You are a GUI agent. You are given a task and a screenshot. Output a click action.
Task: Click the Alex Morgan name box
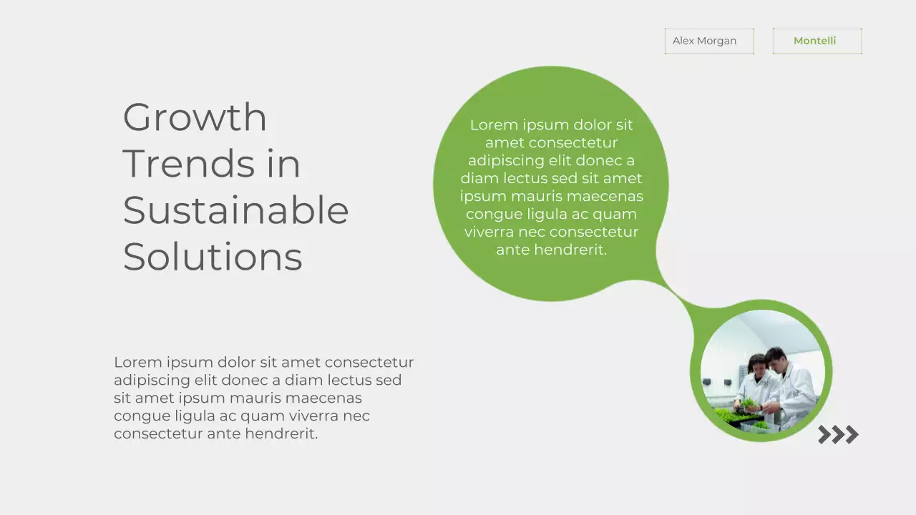[x=708, y=41]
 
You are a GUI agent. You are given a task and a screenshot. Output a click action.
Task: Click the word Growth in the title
[x=195, y=117]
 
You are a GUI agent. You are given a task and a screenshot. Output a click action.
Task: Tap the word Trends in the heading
[x=189, y=164]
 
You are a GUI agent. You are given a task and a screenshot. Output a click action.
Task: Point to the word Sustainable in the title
[x=235, y=210]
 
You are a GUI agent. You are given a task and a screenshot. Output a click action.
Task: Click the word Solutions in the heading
[x=213, y=257]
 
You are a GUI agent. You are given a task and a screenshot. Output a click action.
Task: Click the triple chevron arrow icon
[x=838, y=434]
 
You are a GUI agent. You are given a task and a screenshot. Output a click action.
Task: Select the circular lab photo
[x=762, y=371]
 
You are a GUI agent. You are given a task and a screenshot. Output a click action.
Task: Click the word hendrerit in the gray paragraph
[x=281, y=433]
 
